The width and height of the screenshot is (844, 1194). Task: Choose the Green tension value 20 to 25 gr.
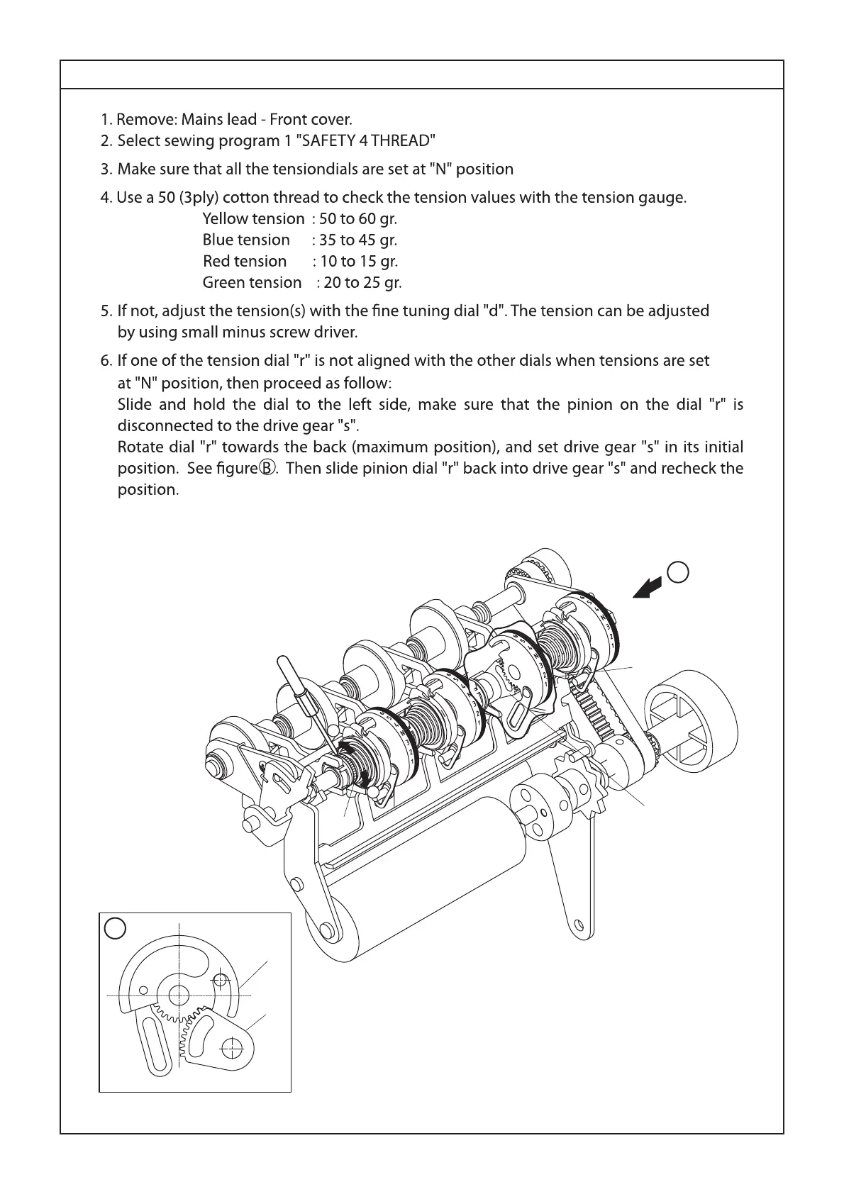pos(362,282)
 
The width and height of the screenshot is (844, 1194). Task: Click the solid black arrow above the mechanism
pos(648,588)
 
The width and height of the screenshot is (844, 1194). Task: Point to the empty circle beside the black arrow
pos(679,571)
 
